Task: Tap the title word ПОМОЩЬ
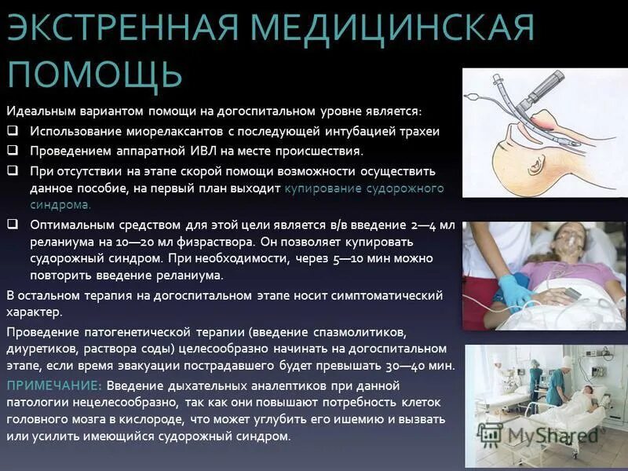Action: [95, 75]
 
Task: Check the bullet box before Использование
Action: [13, 131]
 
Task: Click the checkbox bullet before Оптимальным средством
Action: [13, 224]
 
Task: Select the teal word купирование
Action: [319, 188]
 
